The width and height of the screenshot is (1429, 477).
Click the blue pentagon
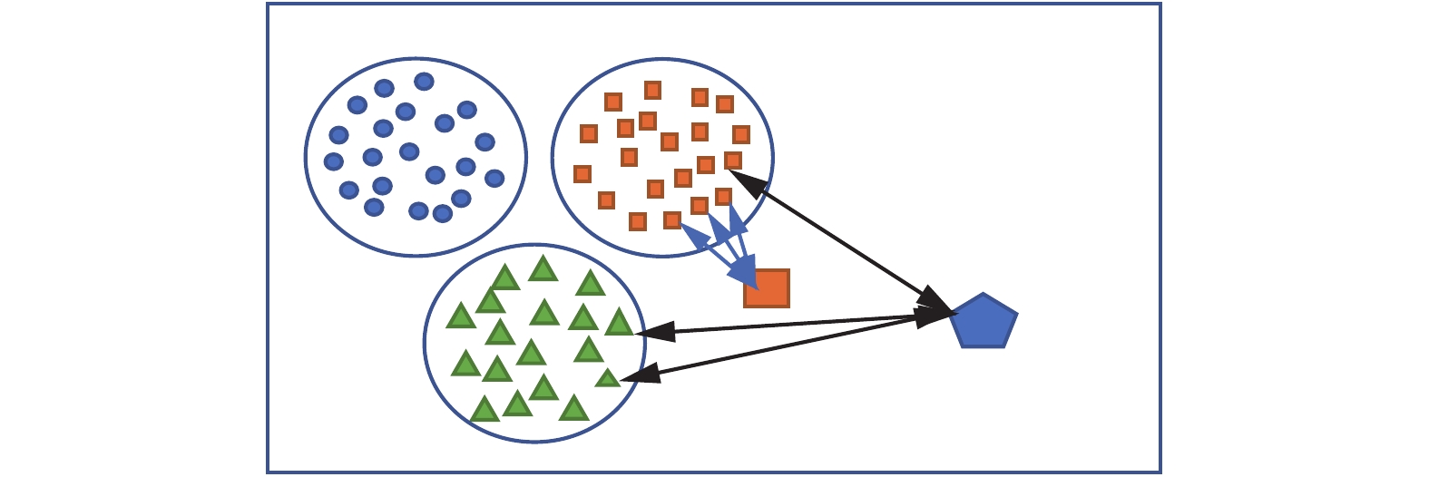coord(984,322)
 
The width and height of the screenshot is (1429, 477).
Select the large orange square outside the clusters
coord(767,288)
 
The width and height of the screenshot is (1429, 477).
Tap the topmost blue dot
coord(424,82)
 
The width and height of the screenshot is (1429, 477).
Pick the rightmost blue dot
coord(494,179)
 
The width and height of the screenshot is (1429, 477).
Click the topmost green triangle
coord(543,269)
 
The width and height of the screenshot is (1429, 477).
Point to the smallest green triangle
coord(607,377)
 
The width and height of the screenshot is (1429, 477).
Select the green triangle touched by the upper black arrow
coord(619,322)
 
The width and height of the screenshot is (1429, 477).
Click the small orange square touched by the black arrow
coord(732,161)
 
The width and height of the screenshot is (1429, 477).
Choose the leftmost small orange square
coord(582,174)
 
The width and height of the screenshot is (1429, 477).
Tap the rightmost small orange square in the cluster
coord(741,134)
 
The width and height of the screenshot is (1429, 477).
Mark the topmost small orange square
coord(652,90)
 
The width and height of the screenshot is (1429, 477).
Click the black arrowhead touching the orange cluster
coord(749,182)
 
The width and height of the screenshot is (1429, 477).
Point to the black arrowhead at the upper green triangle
coord(656,332)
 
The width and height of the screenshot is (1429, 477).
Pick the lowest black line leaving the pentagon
coord(789,346)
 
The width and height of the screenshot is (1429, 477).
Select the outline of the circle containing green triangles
coord(425,343)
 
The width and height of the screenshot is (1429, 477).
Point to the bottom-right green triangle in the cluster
coord(573,409)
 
